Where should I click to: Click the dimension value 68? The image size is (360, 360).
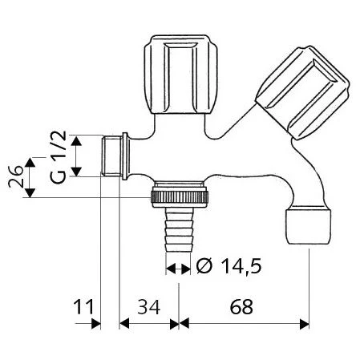pyautogui.click(x=241, y=307)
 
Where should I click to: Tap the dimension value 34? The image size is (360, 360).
pyautogui.click(x=149, y=307)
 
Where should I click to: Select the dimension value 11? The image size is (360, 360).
pyautogui.click(x=83, y=307)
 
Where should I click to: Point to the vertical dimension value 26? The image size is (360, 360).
pyautogui.click(x=15, y=176)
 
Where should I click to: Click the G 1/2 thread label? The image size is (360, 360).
pyautogui.click(x=58, y=157)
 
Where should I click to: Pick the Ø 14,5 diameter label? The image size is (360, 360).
pyautogui.click(x=229, y=266)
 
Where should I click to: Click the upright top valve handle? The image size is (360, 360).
pyautogui.click(x=181, y=74)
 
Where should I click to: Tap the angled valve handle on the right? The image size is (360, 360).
pyautogui.click(x=302, y=93)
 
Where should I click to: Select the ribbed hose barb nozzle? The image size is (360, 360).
pyautogui.click(x=179, y=230)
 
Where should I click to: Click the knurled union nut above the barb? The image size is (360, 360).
pyautogui.click(x=180, y=196)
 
